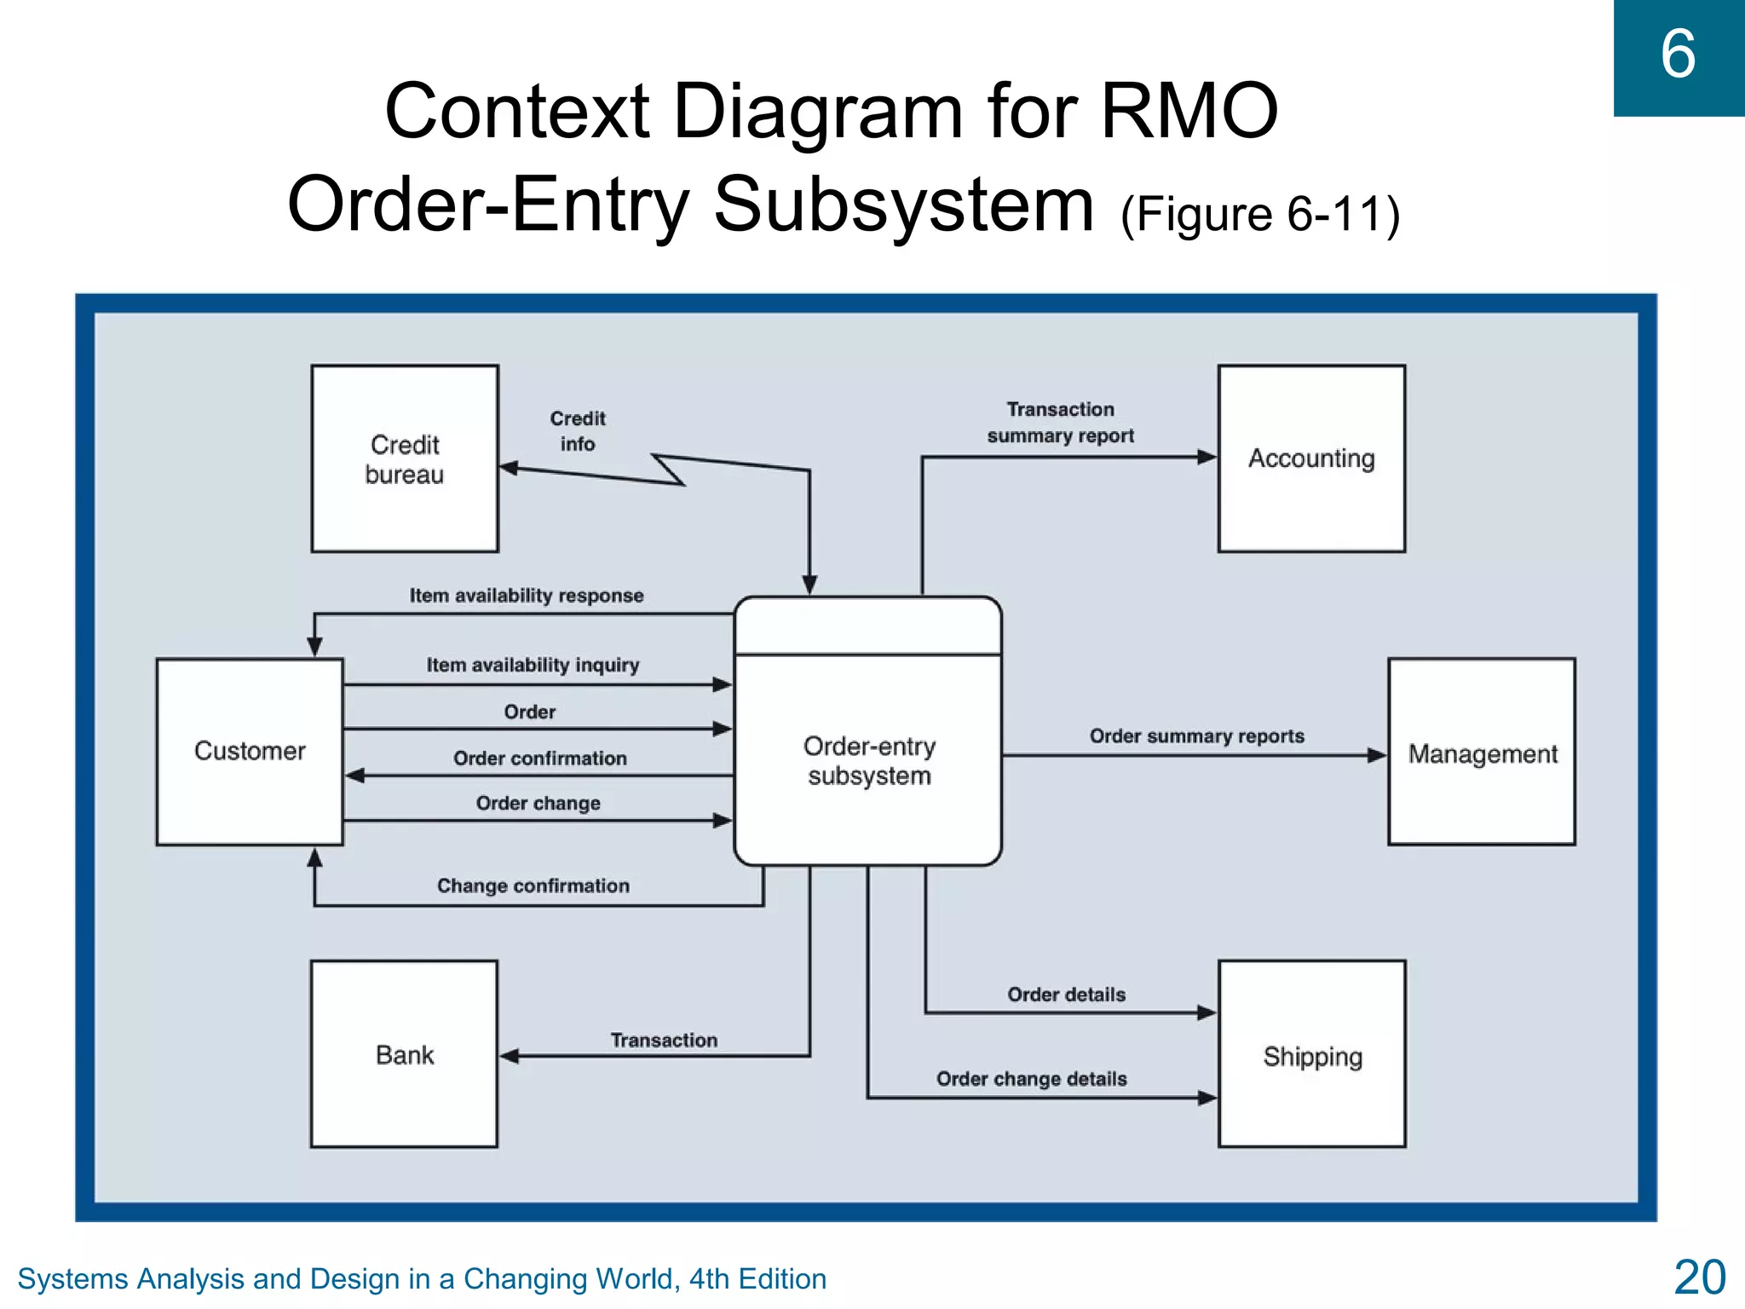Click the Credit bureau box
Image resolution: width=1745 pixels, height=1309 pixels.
pos(405,458)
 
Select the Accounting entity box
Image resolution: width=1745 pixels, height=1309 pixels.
pos(1311,458)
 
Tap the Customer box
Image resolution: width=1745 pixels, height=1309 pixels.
pos(250,751)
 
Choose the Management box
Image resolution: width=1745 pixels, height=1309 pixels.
pos(1482,752)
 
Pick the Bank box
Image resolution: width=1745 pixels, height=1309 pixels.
pos(404,1054)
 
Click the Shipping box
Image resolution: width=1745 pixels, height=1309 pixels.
pos(1312,1054)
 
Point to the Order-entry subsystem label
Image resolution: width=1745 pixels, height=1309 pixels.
pos(869,760)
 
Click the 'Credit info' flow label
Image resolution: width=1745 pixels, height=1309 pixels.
pos(578,431)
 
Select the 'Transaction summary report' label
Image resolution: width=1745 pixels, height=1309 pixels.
pos(1060,423)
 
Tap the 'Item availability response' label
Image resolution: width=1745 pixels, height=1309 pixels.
pos(527,596)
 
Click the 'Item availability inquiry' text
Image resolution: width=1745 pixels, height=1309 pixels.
pos(533,665)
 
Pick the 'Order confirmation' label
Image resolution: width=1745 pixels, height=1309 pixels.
pos(539,758)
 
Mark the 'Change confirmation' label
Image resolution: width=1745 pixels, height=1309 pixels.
pos(533,886)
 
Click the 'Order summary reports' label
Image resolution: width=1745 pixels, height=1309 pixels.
pos(1196,736)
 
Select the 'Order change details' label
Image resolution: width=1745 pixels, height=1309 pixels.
pos(1031,1079)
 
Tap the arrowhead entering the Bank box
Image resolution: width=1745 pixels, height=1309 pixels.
pos(510,1056)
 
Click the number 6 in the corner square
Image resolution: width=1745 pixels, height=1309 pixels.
pos(1678,55)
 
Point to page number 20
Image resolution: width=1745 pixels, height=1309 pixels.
pos(1699,1277)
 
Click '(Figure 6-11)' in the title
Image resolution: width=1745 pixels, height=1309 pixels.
pos(1260,214)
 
